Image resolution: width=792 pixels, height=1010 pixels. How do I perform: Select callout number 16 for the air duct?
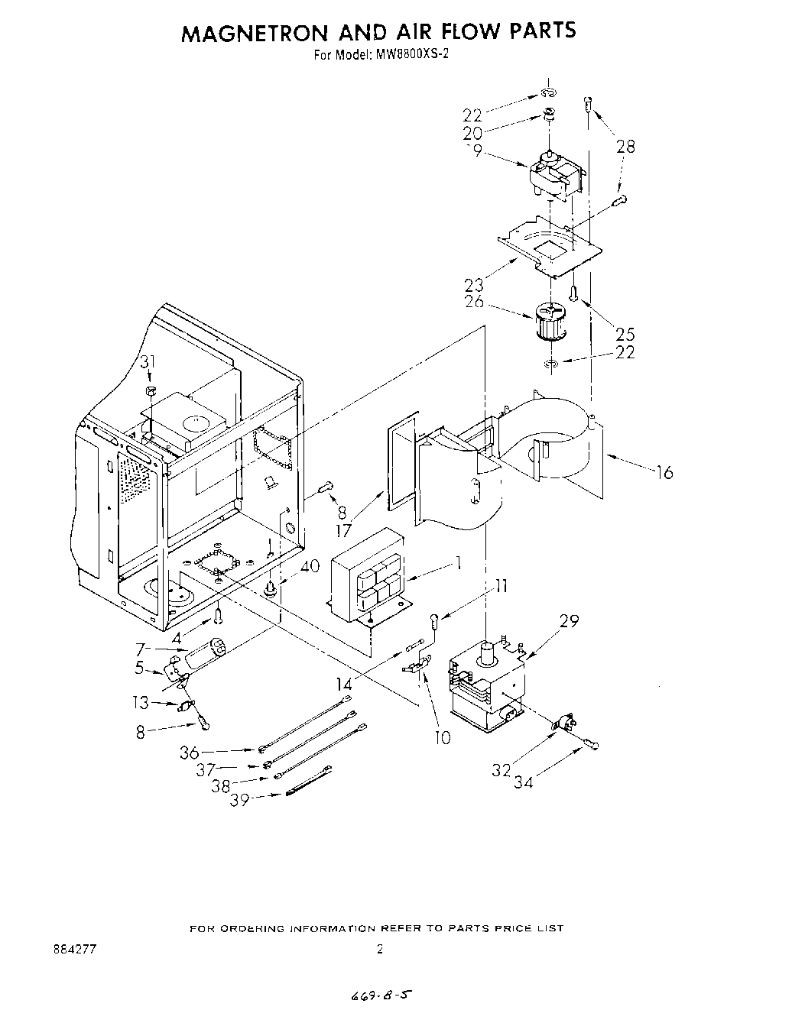point(664,473)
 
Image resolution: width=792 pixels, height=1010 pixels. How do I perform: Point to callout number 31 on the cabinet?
point(148,362)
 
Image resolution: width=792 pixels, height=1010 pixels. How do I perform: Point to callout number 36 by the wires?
point(189,753)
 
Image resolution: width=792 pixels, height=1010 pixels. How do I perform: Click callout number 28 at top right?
point(626,147)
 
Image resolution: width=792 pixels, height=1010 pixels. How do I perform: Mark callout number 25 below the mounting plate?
point(625,334)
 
